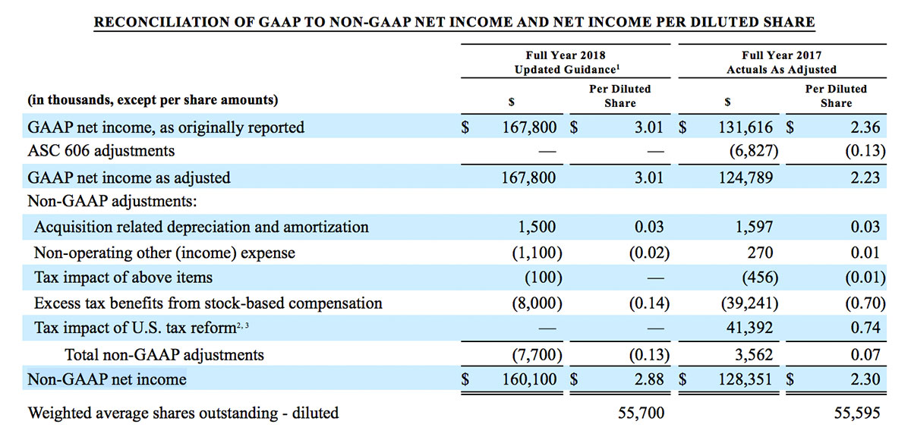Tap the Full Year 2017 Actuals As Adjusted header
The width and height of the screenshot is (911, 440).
point(781,62)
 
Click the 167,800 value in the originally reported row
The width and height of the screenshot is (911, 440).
point(529,127)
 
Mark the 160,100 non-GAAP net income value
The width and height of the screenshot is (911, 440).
point(529,379)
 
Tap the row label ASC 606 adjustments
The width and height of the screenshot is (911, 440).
point(101,151)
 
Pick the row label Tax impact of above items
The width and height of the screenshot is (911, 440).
point(124,278)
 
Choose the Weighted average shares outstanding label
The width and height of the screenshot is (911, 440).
point(183,413)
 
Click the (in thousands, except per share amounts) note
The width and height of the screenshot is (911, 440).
point(153,100)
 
